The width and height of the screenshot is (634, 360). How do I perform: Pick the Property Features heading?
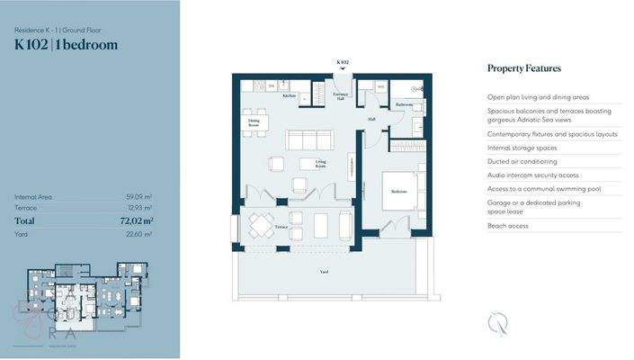(523, 68)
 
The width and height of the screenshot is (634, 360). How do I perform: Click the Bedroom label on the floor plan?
(399, 192)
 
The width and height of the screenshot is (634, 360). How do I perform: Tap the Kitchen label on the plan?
(289, 95)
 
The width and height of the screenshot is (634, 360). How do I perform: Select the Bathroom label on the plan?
(404, 104)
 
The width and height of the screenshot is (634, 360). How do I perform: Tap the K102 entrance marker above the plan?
(342, 62)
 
